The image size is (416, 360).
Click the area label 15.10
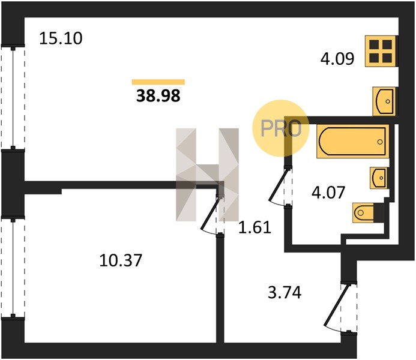pos(61,38)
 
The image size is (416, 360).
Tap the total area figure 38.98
pos(158,95)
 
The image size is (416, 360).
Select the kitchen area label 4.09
pos(337,59)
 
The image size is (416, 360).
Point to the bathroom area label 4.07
pos(328,193)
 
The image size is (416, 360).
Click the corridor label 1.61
pos(255,227)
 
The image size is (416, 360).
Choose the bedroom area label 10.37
pos(121,260)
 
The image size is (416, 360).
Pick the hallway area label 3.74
pos(285,293)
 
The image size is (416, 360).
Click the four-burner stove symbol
pos(381,51)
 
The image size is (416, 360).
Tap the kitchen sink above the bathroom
pos(384,101)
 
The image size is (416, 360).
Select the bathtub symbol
pos(352,141)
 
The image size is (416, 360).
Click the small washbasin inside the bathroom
pos(379,178)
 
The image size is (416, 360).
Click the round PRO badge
pos(281,128)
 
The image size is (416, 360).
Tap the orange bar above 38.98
pos(158,82)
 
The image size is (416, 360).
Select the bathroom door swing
pos(279,187)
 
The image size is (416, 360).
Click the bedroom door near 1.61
pos(211,214)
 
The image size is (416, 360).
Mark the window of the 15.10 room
pos(13,98)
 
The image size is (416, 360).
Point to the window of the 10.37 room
pos(13,268)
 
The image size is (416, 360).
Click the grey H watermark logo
pos(207,175)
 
